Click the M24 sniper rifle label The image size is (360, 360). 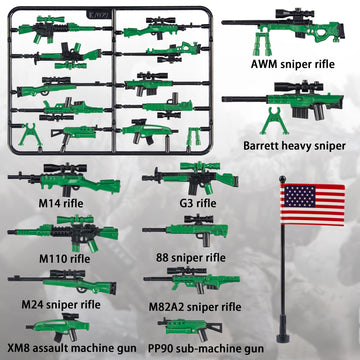pos(66,305)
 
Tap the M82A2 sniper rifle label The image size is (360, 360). pos(210,306)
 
